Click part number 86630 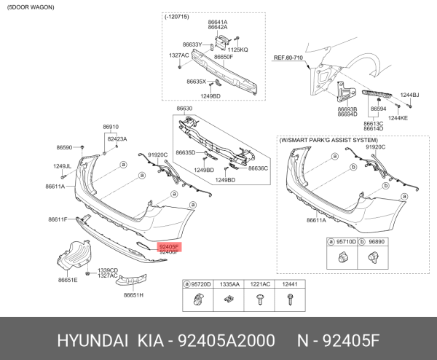point(184,109)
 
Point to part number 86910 point(111,127)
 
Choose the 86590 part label point(65,148)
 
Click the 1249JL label point(62,166)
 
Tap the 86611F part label point(58,219)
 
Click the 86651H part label point(133,294)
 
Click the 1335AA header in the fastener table point(229,283)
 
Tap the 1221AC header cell point(260,283)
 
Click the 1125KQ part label point(238,50)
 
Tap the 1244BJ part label point(410,95)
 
